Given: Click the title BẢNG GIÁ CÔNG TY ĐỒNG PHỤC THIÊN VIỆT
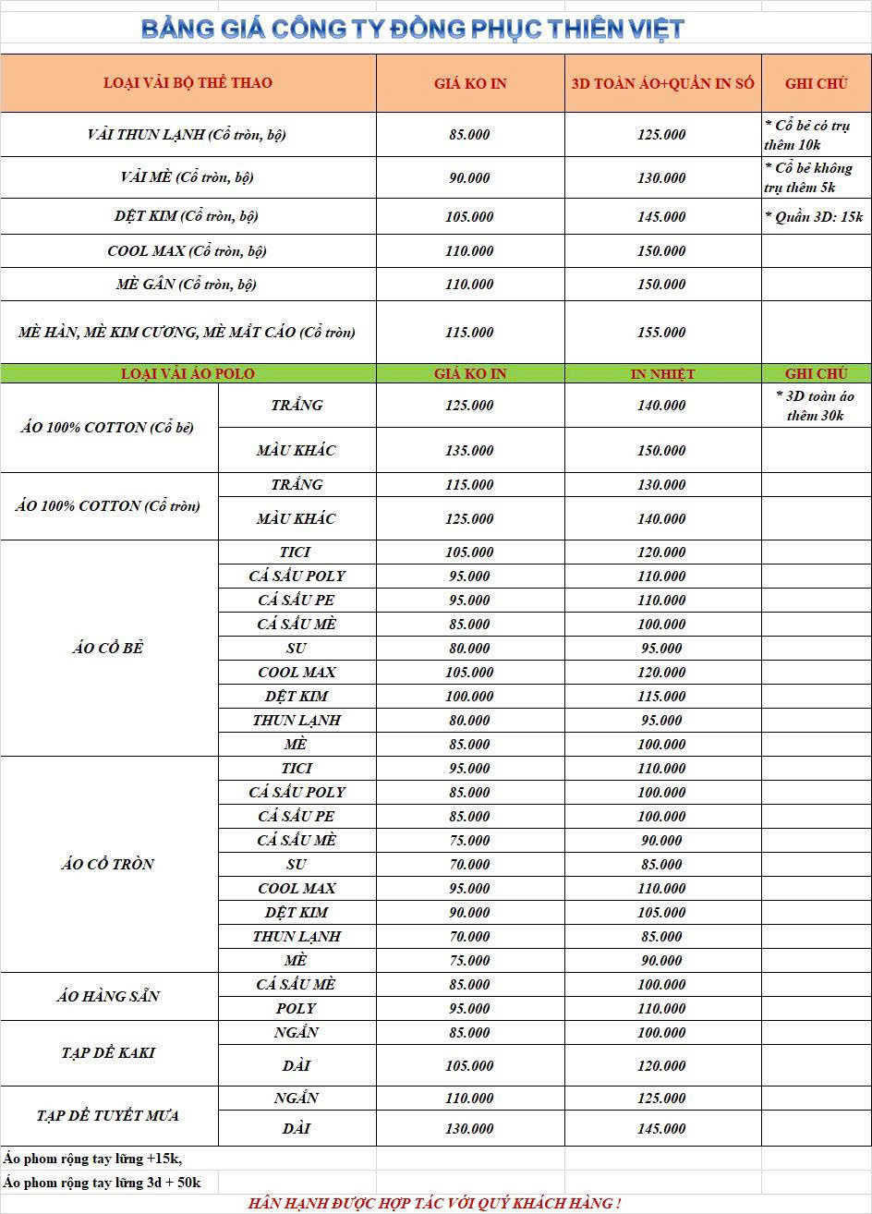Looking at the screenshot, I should coord(413,29).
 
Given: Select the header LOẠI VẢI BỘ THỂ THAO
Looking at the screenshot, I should coord(188,83).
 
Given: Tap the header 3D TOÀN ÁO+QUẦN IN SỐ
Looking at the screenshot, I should coord(662,83).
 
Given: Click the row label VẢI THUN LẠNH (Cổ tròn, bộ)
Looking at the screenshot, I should coord(187,135).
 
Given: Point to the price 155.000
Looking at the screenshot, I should coord(661,333).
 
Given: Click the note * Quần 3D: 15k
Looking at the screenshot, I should coord(814,217).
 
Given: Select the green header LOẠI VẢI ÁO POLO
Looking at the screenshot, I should coord(188,374).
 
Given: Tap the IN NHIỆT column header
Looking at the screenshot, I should coord(662,374).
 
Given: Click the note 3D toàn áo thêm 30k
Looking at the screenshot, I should coord(816,406).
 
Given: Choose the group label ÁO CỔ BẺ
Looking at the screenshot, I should coord(108,649).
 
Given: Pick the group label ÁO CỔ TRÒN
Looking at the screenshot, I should coord(108,865).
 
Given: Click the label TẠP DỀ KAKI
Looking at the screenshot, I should coord(108,1053).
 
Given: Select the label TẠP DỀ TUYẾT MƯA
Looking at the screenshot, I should coord(108,1116).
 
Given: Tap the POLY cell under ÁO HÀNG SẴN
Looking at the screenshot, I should coord(296,1009).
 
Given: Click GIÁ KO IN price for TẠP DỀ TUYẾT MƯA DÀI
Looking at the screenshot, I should coord(469,1129).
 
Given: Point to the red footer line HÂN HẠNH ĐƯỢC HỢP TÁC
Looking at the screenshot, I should coord(434,1203).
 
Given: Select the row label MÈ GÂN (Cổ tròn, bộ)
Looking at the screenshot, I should coord(187,285).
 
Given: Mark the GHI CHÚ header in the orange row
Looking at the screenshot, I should coord(816,83).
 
